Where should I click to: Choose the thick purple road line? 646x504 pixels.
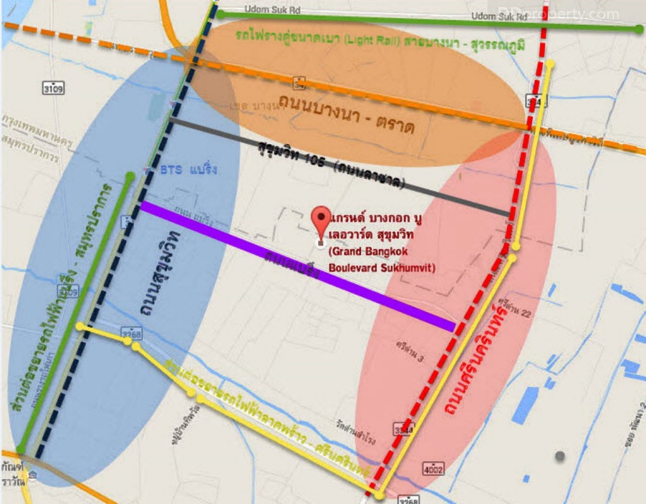[297, 264]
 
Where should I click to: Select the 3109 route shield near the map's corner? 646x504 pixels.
[53, 88]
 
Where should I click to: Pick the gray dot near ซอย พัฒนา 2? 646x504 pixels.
[560, 455]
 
